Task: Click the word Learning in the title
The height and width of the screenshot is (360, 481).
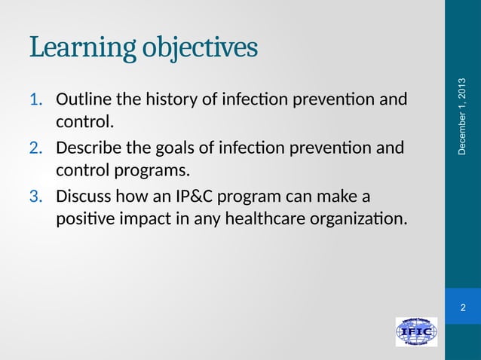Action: click(81, 47)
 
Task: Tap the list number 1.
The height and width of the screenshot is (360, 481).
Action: click(36, 99)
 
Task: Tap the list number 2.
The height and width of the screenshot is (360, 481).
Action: click(36, 148)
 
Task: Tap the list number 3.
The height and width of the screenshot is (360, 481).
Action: click(36, 197)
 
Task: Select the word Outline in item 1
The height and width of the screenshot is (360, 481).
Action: click(81, 99)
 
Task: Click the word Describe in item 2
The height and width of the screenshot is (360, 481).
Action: click(90, 148)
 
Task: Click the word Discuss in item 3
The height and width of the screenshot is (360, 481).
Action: click(83, 197)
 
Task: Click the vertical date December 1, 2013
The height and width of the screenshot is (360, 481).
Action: click(462, 117)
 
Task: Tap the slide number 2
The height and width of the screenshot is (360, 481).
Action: click(462, 307)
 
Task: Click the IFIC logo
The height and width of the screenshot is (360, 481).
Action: click(416, 332)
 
